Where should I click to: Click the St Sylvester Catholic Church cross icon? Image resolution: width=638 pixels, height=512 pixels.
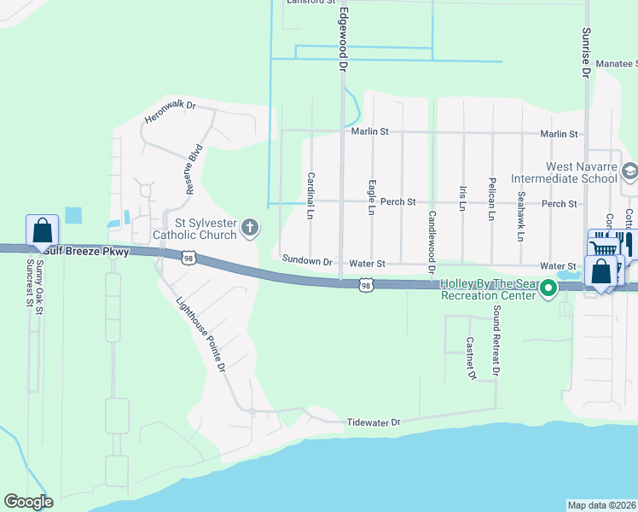(x=250, y=227)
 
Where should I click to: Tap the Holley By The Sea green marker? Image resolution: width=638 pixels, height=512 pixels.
(x=550, y=290)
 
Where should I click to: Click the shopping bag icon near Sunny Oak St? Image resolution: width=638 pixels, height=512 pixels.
(x=43, y=230)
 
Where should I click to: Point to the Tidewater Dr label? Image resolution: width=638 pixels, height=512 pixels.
(x=373, y=422)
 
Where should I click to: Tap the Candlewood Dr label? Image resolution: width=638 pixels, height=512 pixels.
(x=432, y=236)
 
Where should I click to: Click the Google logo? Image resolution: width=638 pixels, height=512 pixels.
(x=28, y=502)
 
